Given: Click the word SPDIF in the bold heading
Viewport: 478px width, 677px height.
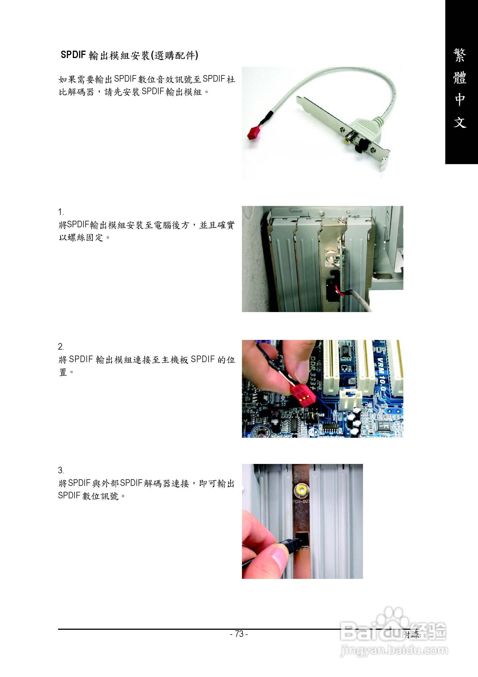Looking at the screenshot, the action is click(73, 55).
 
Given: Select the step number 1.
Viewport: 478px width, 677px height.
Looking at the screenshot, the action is click(61, 212).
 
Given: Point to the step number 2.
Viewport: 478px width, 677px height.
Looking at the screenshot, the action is click(61, 346).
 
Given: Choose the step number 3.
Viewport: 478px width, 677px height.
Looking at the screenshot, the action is click(61, 470).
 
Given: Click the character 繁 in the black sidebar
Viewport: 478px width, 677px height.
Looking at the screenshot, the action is click(460, 55).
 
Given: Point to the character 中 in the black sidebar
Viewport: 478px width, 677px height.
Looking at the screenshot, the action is click(460, 100).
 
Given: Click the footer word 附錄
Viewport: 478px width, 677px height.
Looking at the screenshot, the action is click(410, 634).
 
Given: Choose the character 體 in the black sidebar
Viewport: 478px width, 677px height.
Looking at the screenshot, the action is click(460, 78).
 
